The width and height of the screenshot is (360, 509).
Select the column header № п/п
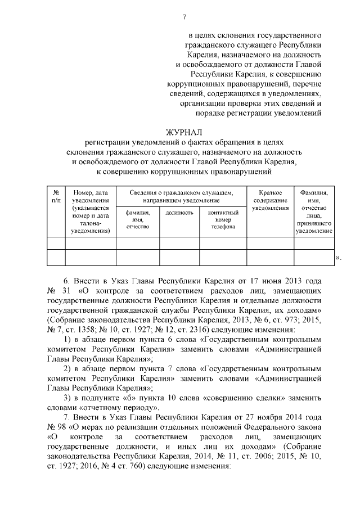click(56, 196)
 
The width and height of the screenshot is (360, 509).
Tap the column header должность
click(180, 213)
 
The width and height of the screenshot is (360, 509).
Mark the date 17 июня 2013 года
click(287, 280)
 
